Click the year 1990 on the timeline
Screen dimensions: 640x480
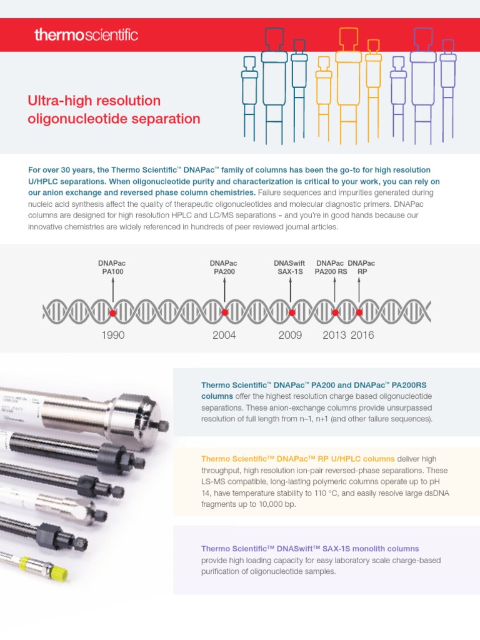(112, 335)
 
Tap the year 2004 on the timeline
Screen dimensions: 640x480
(224, 335)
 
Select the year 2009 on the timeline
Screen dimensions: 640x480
(290, 335)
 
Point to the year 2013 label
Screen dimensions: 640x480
(334, 335)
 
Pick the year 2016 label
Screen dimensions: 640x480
(362, 335)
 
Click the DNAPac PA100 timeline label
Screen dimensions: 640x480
(112, 267)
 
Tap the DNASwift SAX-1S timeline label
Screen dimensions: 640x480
(290, 267)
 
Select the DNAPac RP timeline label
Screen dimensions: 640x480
(361, 267)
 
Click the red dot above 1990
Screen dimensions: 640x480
(113, 312)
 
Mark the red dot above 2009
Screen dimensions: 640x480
(291, 312)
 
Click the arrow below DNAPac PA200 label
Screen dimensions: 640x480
(224, 289)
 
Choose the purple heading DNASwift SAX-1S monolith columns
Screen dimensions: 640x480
(310, 549)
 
